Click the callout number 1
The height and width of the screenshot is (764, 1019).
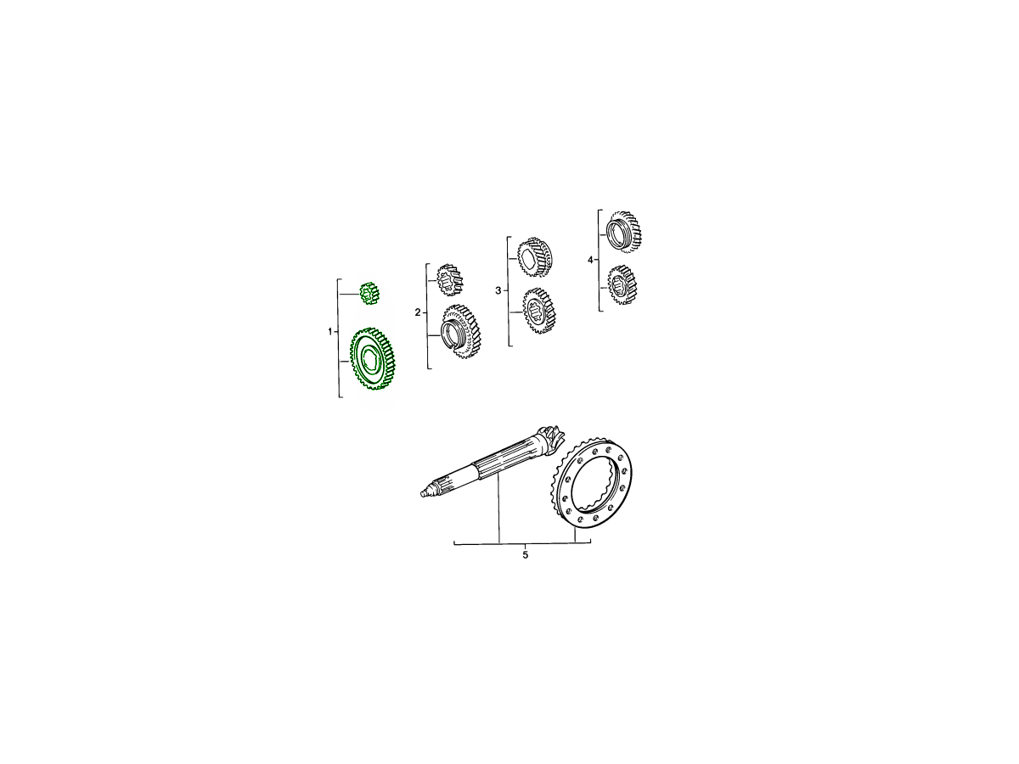tap(330, 332)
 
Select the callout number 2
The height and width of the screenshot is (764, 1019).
tap(418, 312)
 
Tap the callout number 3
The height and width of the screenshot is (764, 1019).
tap(498, 291)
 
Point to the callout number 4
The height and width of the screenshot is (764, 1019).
tap(590, 261)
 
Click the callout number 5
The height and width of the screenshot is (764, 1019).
tap(526, 555)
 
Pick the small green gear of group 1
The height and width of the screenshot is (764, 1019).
tap(370, 293)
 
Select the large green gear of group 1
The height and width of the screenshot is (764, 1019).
tap(373, 358)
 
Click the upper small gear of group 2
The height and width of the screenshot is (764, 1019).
tap(450, 280)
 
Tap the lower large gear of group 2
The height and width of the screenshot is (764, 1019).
tap(460, 331)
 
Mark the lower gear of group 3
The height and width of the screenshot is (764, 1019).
tap(539, 312)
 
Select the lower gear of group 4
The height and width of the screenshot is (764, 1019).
tap(622, 285)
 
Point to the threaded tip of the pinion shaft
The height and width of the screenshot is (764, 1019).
tap(426, 492)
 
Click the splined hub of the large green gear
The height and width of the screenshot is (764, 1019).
tap(369, 358)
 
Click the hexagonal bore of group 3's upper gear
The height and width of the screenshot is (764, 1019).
tap(529, 259)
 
